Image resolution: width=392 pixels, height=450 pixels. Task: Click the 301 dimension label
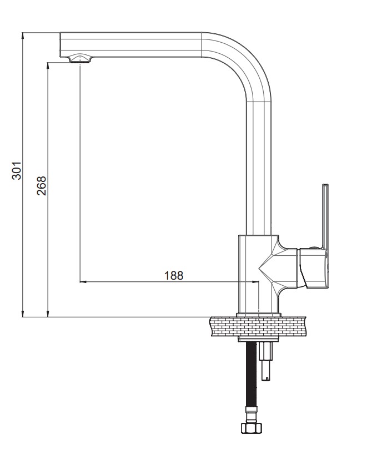(x=16, y=170)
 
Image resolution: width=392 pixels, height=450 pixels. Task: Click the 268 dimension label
(x=41, y=186)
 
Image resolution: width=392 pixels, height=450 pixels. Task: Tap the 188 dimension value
(x=173, y=276)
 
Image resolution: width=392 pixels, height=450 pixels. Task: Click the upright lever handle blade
(x=325, y=216)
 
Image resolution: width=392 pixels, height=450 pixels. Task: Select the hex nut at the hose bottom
(x=252, y=428)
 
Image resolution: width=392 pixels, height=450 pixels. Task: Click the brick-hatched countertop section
(x=258, y=326)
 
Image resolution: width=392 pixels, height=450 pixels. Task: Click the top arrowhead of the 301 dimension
(x=22, y=35)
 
